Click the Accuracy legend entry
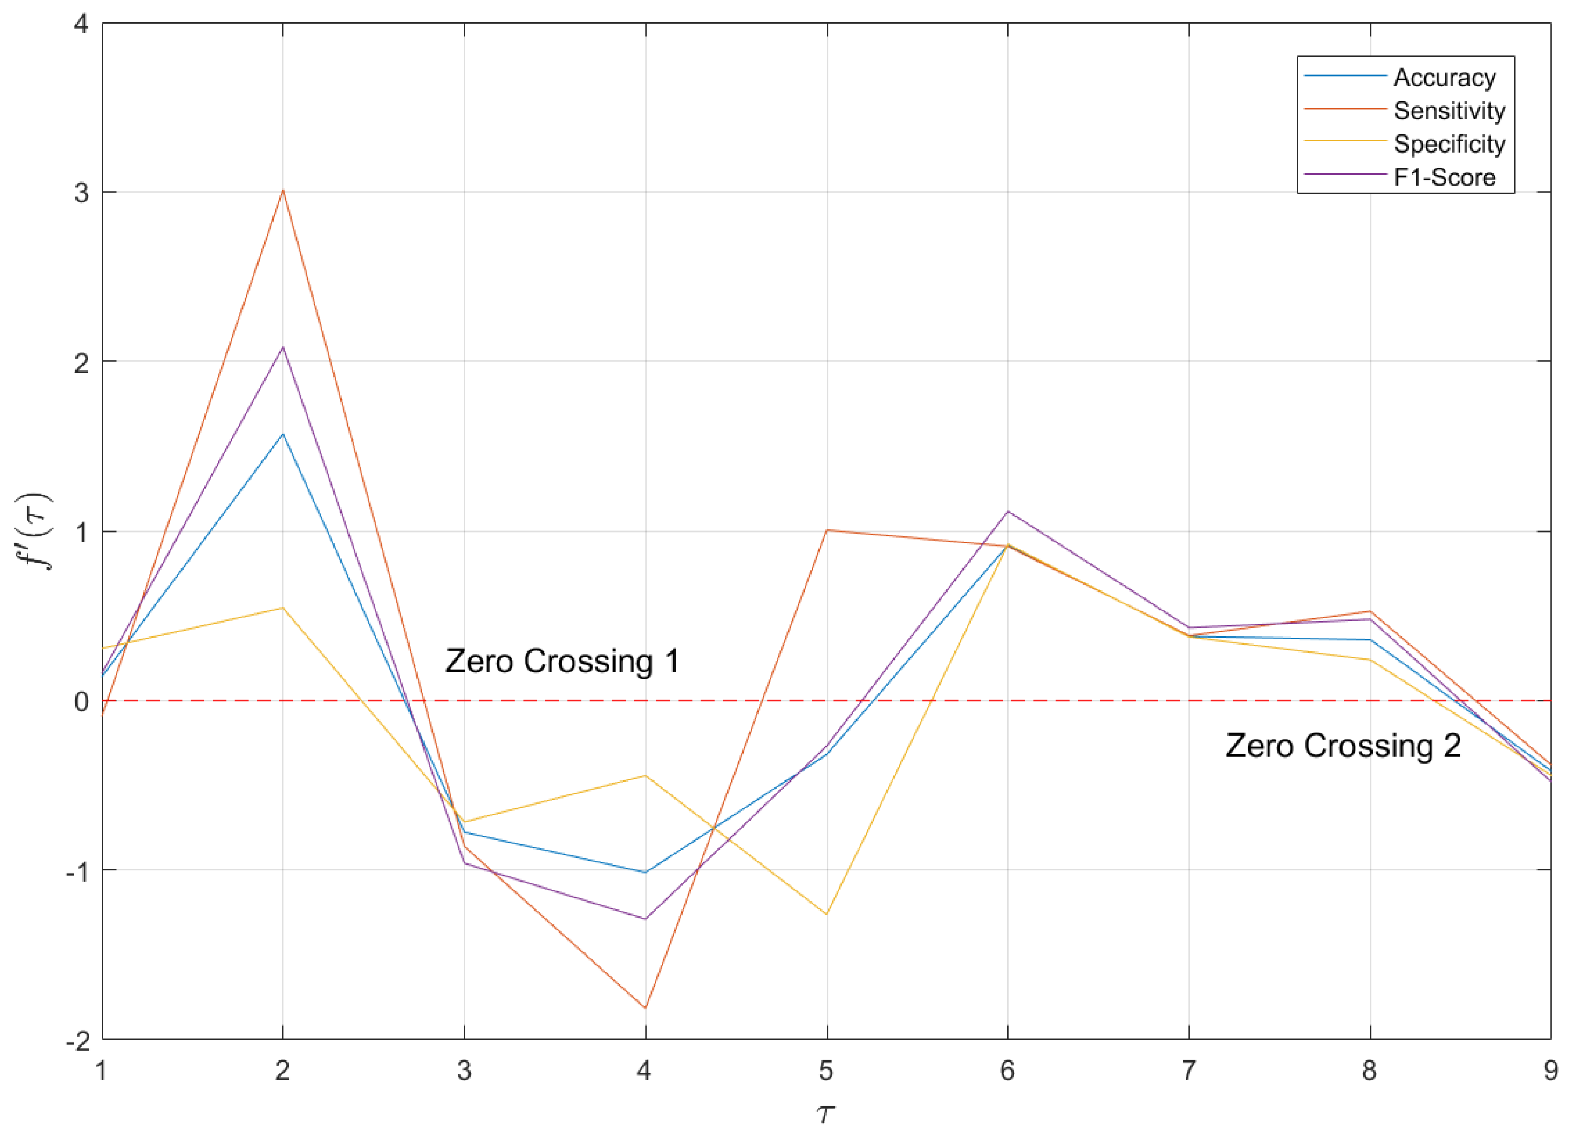pyautogui.click(x=1444, y=78)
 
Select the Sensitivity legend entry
pyautogui.click(x=1449, y=111)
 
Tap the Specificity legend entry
pyautogui.click(x=1449, y=144)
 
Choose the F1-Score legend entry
pyautogui.click(x=1444, y=177)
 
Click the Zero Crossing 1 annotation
pyautogui.click(x=562, y=661)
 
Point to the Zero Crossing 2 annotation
pyautogui.click(x=1343, y=746)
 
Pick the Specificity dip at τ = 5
pyautogui.click(x=827, y=914)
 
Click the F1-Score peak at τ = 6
pyautogui.click(x=1007, y=511)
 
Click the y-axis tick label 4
pyautogui.click(x=81, y=24)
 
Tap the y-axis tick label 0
pyautogui.click(x=81, y=701)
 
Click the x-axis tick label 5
pyautogui.click(x=827, y=1071)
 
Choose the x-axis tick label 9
pyautogui.click(x=1550, y=1071)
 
